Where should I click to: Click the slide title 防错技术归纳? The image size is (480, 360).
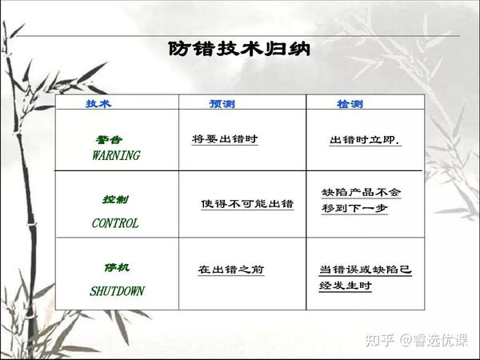click(239, 48)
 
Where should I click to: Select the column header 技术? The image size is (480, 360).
click(98, 103)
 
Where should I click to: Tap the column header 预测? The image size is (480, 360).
click(222, 104)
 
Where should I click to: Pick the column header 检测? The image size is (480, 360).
click(350, 104)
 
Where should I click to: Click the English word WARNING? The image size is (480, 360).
click(116, 155)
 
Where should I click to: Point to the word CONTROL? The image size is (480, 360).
click(115, 223)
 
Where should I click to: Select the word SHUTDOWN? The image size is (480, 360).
click(118, 291)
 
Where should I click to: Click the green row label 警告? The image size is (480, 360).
click(109, 139)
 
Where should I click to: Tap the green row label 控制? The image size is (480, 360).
click(115, 199)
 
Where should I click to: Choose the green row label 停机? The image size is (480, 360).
click(117, 267)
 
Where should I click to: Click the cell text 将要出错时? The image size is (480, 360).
click(225, 138)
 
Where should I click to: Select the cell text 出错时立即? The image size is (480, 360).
click(365, 140)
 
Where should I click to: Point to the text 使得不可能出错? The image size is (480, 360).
click(247, 203)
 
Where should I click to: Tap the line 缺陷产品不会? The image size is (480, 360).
click(362, 192)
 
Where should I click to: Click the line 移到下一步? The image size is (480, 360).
click(354, 208)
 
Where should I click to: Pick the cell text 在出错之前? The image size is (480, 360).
click(231, 270)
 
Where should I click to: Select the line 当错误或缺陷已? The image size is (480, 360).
click(366, 270)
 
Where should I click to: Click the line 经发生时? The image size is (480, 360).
click(346, 286)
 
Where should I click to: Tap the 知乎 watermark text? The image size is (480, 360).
click(379, 340)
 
